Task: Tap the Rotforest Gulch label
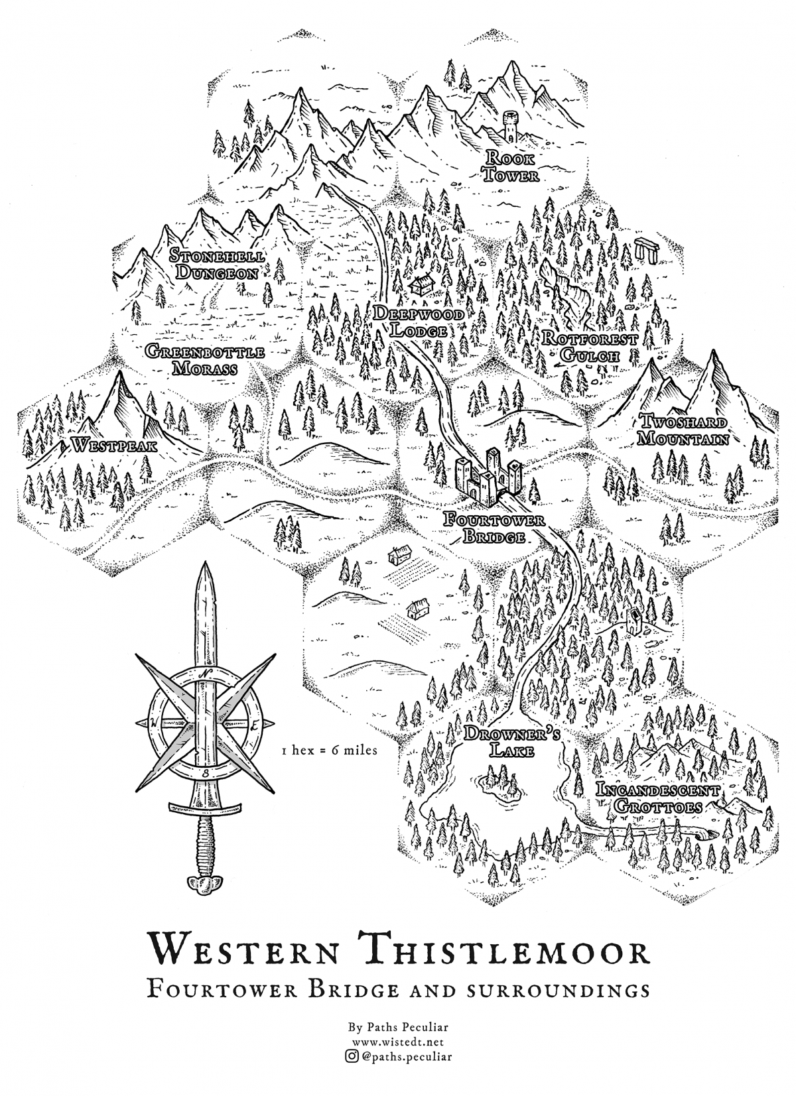[589, 347]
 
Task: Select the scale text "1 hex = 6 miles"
[329, 751]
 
